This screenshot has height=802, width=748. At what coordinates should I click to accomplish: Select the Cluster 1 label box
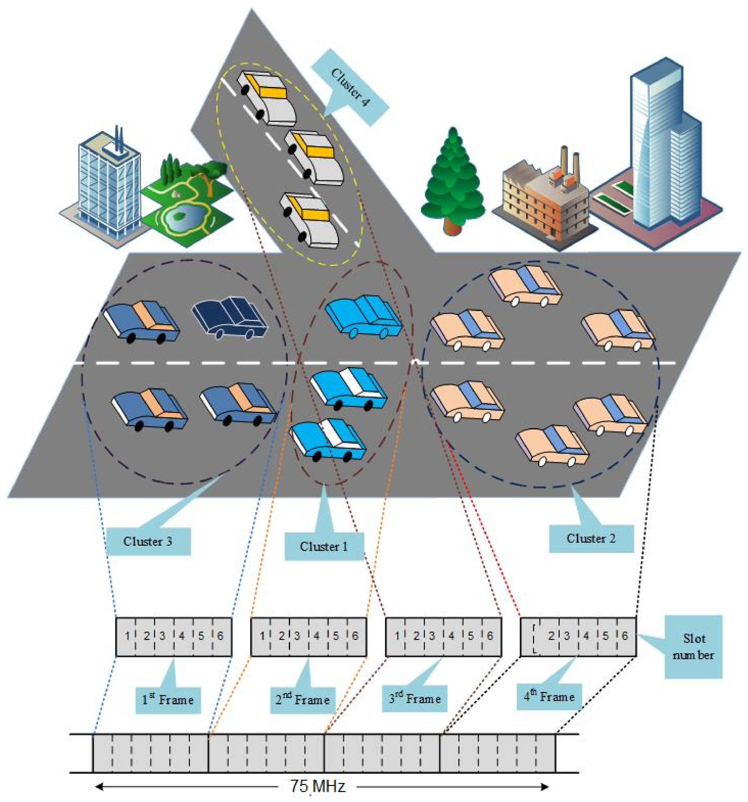[324, 546]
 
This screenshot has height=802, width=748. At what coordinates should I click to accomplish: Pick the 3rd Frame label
[414, 698]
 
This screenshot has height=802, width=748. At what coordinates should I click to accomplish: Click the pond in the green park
[180, 218]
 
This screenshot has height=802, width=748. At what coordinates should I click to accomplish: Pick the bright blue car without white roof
[363, 317]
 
